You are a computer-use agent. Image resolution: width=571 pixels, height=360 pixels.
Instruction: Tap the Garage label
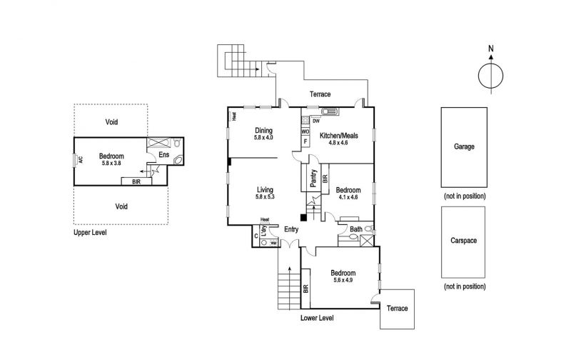(464, 146)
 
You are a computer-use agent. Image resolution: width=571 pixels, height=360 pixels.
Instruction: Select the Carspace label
(463, 241)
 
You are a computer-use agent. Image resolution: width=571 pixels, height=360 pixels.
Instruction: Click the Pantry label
(313, 178)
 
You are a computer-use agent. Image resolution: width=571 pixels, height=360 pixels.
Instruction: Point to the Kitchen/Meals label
(338, 136)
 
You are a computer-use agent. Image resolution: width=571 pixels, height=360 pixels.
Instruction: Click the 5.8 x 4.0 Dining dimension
(263, 138)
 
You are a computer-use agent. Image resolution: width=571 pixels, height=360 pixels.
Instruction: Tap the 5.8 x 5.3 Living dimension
(265, 196)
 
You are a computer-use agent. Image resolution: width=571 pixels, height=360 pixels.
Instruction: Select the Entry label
(291, 229)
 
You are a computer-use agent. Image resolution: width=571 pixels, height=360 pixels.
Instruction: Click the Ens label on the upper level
(164, 154)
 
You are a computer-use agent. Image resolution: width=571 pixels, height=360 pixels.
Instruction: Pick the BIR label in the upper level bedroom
(136, 181)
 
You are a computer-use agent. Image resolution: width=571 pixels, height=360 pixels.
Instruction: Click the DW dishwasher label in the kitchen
(316, 121)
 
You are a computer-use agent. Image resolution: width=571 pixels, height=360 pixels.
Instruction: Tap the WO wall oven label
(305, 131)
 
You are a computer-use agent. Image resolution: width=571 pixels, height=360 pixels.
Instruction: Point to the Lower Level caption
(317, 318)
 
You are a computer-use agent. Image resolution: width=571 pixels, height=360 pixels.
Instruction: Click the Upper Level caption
(90, 232)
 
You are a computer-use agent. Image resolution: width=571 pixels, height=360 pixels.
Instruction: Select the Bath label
(355, 229)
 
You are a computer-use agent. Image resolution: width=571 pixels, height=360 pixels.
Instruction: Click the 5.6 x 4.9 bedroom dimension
(343, 280)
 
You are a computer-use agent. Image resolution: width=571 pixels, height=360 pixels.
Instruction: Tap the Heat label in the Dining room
(234, 116)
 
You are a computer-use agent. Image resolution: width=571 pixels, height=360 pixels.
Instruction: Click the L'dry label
(264, 231)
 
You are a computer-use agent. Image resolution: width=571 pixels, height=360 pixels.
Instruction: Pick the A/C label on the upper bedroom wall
(81, 159)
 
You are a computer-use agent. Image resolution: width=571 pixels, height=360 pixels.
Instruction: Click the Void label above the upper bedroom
(111, 122)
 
